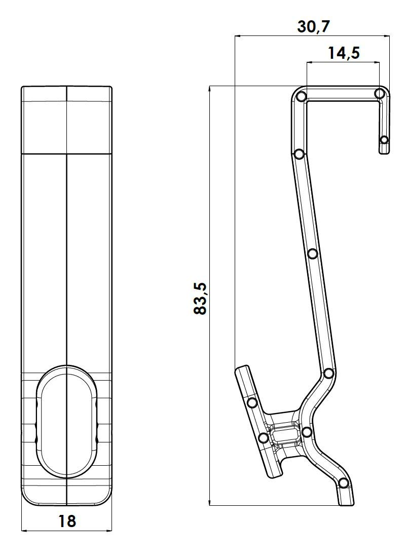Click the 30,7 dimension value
pos(314,26)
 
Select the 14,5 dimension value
pos(344,53)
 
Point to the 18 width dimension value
pos(67,521)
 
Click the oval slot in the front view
pos(67,421)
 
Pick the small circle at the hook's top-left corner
pos(302,96)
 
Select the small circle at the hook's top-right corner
pos(380,94)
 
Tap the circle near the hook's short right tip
pos(384,139)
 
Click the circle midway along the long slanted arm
pos(313,254)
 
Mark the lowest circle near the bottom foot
pos(343,483)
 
